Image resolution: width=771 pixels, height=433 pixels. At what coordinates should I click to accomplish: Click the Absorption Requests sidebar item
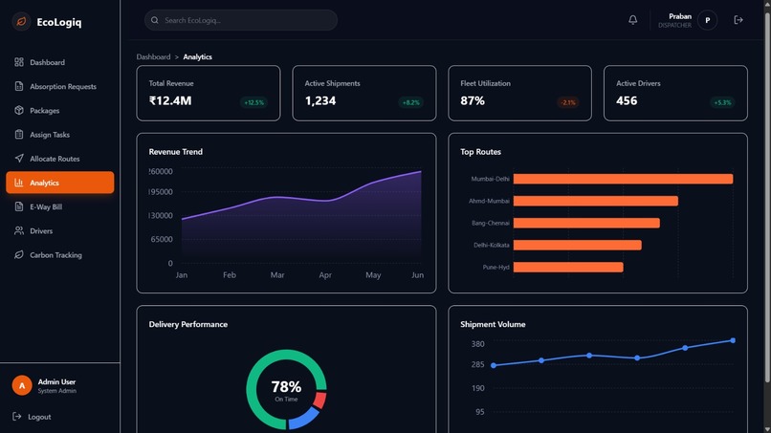[x=62, y=87]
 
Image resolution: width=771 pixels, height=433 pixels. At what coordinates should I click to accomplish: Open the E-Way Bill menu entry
[x=46, y=206]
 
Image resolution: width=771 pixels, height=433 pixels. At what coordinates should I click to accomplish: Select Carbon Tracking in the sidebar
[x=55, y=255]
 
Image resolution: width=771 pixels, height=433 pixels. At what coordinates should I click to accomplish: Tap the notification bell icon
[x=632, y=20]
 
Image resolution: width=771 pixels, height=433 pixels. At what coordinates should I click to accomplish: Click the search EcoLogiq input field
[x=241, y=20]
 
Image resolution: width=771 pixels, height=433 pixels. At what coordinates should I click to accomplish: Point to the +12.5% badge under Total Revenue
[x=253, y=102]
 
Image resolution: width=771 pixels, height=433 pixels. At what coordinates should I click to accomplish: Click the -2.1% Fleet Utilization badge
[x=567, y=102]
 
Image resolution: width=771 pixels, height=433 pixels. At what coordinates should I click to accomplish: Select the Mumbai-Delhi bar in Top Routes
[x=623, y=179]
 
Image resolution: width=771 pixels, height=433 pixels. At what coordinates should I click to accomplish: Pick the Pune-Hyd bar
[x=568, y=268]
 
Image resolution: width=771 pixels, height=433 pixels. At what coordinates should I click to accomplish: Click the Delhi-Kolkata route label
[x=492, y=246]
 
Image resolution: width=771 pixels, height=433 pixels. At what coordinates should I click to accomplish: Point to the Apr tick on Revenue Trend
[x=325, y=275]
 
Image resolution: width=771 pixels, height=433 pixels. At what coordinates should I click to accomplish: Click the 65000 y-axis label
[x=161, y=240]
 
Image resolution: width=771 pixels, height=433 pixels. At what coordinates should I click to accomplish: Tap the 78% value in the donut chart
[x=286, y=387]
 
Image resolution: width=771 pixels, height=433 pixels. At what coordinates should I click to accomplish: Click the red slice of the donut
[x=320, y=400]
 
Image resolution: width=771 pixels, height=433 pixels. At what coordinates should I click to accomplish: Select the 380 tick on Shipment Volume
[x=478, y=344]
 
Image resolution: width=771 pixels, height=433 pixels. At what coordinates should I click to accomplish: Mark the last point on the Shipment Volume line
[x=733, y=340]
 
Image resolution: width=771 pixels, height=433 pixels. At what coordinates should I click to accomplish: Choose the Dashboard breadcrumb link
[x=153, y=57]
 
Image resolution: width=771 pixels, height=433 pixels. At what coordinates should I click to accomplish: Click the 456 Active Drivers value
[x=627, y=101]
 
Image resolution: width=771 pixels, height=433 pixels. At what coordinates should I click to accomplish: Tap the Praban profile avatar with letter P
[x=707, y=20]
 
